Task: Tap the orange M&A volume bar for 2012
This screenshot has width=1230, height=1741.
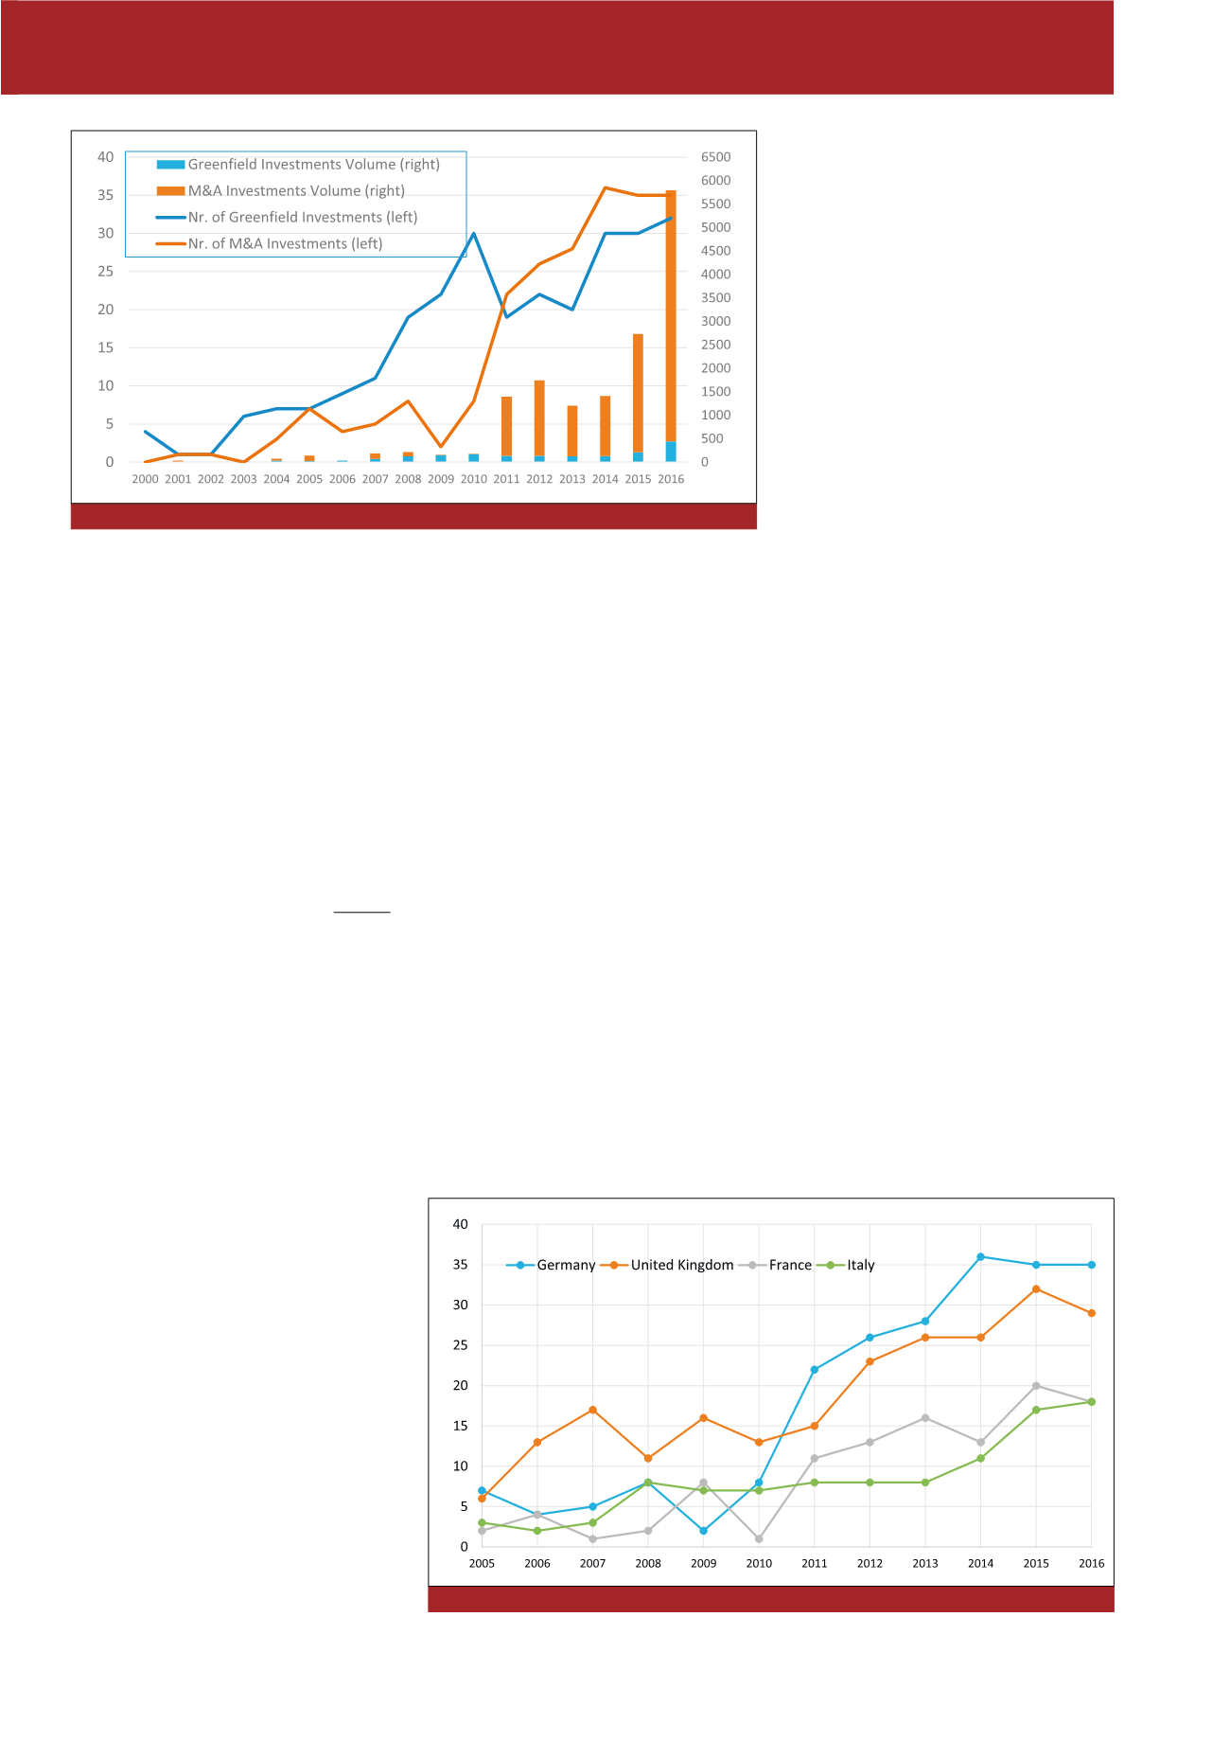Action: click(539, 417)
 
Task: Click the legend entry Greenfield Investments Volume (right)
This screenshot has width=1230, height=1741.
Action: click(313, 165)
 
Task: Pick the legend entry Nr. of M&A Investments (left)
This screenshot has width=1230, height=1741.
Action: click(285, 244)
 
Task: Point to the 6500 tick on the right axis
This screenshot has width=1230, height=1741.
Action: click(715, 157)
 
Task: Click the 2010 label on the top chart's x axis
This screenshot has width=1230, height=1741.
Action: click(474, 479)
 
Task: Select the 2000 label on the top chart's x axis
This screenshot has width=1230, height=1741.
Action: click(145, 479)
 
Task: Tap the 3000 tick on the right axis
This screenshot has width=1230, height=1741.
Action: click(715, 322)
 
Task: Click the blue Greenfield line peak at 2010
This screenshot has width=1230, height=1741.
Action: click(474, 234)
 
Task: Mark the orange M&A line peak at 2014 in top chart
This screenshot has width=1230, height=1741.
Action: click(606, 188)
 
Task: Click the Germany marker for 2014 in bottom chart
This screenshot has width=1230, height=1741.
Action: click(981, 1257)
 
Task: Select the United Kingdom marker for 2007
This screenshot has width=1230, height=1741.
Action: click(593, 1410)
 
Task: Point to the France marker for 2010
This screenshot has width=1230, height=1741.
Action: click(759, 1539)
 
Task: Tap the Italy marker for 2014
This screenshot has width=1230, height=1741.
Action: click(981, 1458)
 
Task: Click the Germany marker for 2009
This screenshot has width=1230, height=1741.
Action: click(704, 1531)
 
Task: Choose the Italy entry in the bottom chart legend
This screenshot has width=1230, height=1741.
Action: click(860, 1266)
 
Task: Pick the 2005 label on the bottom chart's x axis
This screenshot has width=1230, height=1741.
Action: click(482, 1564)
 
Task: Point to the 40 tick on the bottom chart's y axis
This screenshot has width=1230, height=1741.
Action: click(461, 1225)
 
